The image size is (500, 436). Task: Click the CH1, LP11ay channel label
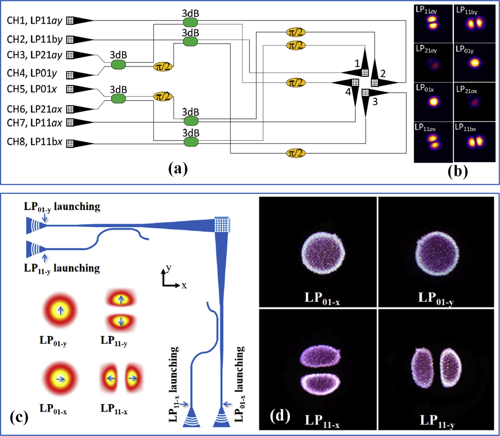click(35, 20)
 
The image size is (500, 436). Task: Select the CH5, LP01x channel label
click(32, 89)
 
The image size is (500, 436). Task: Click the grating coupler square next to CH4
click(70, 74)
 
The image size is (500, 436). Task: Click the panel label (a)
click(178, 169)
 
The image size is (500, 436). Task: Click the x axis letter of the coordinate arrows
click(184, 285)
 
